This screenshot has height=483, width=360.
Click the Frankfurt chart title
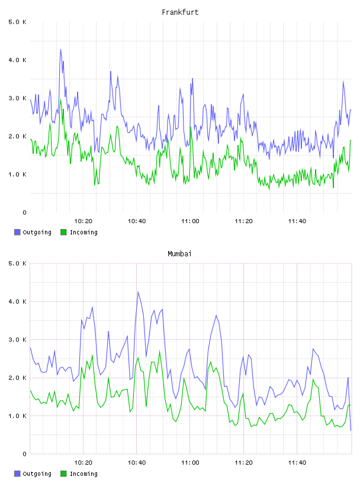point(180,12)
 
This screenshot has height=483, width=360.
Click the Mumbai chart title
point(179,254)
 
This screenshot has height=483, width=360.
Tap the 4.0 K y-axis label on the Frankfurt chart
point(17,60)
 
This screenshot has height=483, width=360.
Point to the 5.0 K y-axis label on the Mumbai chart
point(17,263)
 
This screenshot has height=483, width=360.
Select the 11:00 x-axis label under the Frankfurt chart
point(190,221)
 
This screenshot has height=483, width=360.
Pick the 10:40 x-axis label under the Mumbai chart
point(137,463)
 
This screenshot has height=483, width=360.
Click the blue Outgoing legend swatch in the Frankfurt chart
point(17,232)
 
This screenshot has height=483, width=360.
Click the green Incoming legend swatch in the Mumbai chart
point(63,474)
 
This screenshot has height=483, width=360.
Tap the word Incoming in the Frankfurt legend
point(83,233)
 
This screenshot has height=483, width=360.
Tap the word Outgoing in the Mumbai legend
point(37,474)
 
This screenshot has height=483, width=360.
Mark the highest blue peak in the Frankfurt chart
point(60,50)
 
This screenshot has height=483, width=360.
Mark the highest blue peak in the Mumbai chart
point(138,292)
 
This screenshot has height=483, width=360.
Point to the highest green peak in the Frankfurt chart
point(61,99)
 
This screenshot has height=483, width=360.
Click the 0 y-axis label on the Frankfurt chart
point(24,212)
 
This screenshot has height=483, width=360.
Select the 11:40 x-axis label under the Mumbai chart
point(297,463)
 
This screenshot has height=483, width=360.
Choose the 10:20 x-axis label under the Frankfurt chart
point(83,221)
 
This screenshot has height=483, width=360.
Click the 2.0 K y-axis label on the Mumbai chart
point(17,378)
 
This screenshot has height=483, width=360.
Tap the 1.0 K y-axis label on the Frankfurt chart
point(17,175)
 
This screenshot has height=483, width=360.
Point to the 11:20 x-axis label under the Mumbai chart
point(243,463)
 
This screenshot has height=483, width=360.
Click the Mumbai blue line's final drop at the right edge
point(349,404)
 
